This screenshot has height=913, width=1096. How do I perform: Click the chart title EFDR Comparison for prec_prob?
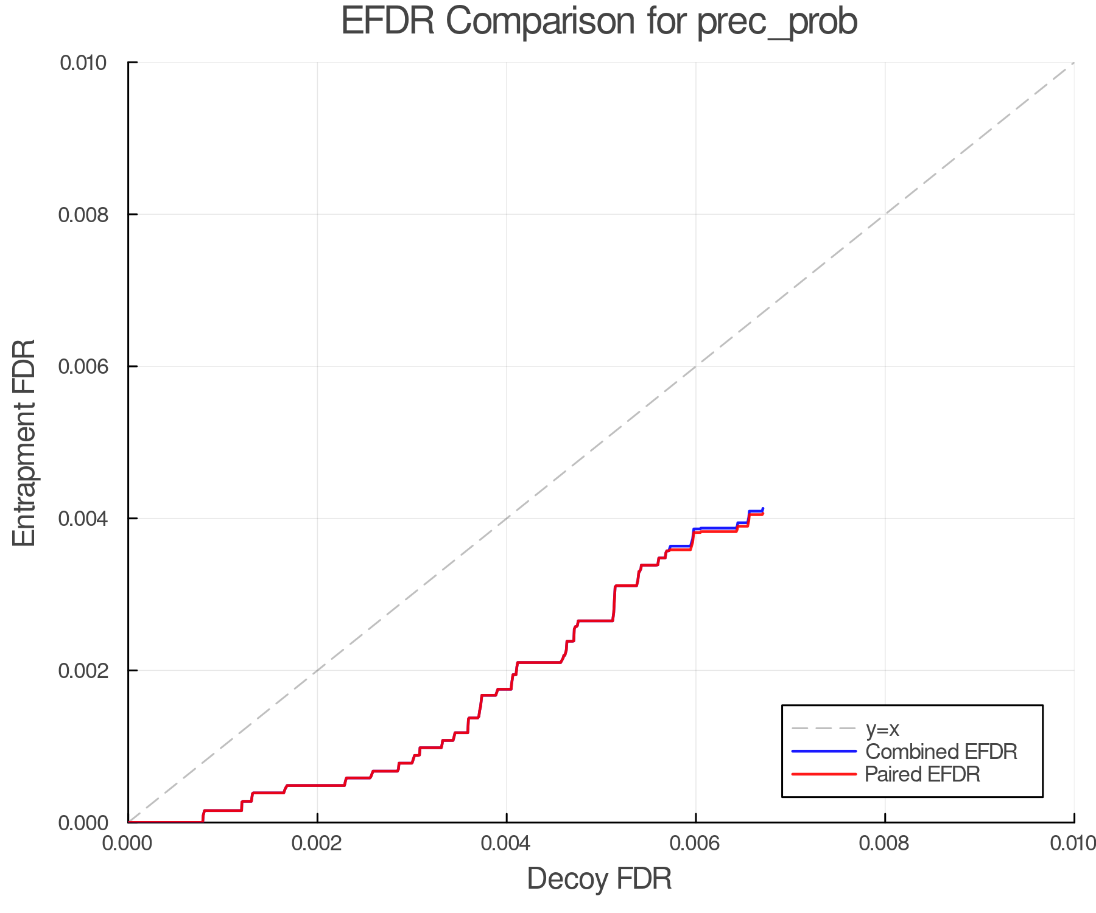(x=599, y=22)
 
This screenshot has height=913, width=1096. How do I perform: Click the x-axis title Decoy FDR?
(x=599, y=879)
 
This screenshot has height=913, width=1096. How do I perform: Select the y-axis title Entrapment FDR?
(x=24, y=443)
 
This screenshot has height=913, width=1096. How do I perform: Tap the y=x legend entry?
(x=882, y=729)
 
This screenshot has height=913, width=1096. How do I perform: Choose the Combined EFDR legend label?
(x=941, y=752)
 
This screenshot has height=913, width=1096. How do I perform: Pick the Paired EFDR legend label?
(x=922, y=774)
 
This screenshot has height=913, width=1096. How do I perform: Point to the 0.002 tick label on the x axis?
(x=317, y=844)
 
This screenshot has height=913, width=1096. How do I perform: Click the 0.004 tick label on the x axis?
(x=507, y=844)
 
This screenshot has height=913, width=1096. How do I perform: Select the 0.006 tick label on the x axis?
(x=696, y=844)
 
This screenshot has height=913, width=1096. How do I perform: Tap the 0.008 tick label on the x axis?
(x=885, y=844)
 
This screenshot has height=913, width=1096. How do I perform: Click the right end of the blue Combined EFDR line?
(x=763, y=508)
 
